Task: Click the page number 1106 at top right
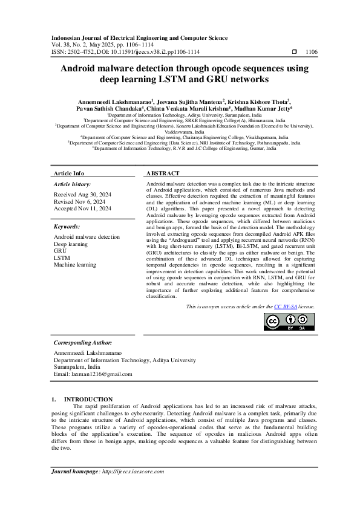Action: (311, 53)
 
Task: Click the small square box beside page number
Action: (294, 53)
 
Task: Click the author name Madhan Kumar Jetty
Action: (263, 109)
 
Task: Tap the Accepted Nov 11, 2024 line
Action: (83, 208)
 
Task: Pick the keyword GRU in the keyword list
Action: (60, 250)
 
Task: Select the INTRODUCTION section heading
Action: (88, 399)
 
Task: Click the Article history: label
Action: (73, 183)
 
